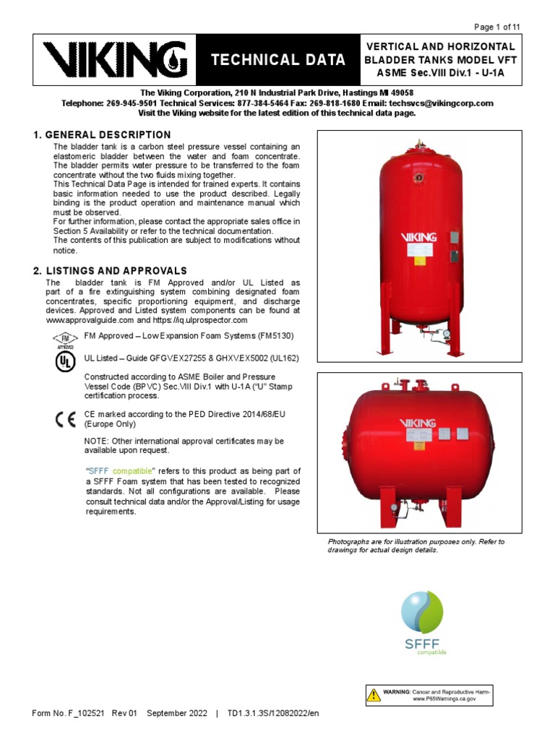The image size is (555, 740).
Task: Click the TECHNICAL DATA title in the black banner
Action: click(x=278, y=61)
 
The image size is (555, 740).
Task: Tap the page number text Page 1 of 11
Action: click(x=496, y=27)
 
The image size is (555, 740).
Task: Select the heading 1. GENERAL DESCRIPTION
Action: click(x=102, y=135)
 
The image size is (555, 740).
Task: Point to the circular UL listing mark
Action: click(x=65, y=361)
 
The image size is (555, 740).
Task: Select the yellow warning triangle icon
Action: click(x=374, y=696)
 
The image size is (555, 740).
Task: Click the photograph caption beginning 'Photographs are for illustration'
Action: click(x=416, y=546)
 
